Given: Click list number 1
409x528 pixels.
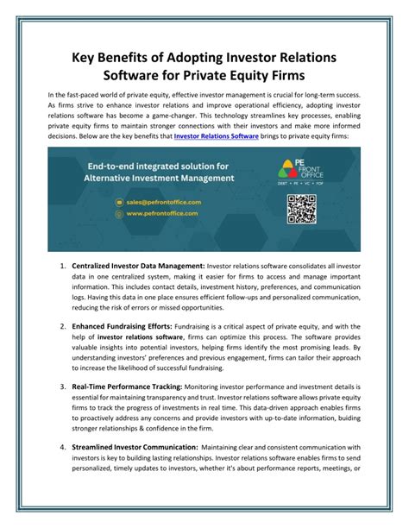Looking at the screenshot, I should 63,265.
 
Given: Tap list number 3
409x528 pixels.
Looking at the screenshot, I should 63,391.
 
